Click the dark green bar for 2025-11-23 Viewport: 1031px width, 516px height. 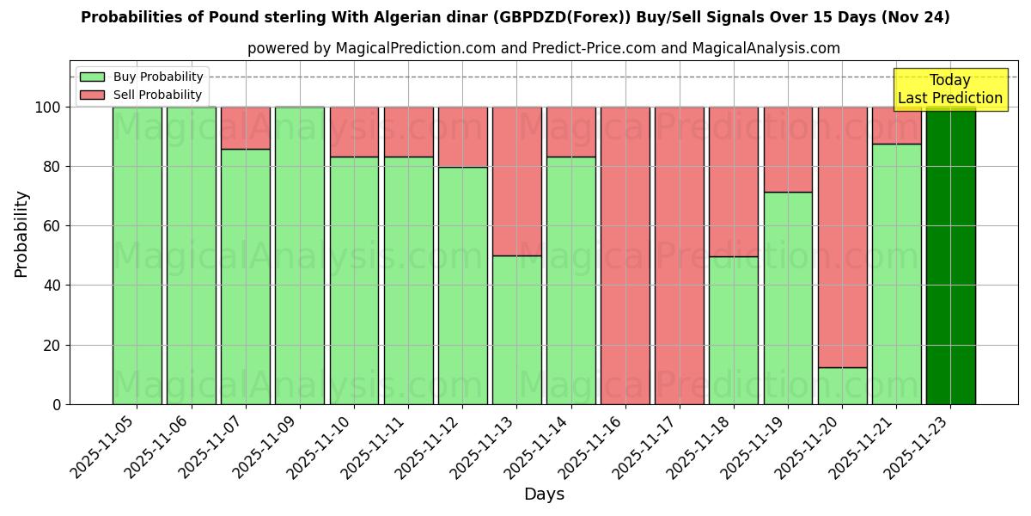(x=950, y=255)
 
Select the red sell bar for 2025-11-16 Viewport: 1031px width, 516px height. (x=625, y=255)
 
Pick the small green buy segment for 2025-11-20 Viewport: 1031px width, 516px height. (x=842, y=386)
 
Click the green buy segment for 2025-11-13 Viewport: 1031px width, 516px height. (x=516, y=329)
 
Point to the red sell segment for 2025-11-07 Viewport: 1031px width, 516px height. (x=246, y=128)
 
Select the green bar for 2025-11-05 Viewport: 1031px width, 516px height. (x=137, y=255)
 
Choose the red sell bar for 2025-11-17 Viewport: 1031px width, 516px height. (x=680, y=255)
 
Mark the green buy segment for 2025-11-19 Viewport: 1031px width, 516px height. (x=788, y=298)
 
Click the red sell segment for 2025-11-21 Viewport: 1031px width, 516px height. (x=896, y=126)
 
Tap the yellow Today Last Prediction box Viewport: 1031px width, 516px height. (x=949, y=89)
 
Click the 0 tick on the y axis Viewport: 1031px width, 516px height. (x=57, y=404)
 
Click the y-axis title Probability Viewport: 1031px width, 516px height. (x=21, y=234)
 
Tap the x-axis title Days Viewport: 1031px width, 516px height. (x=544, y=494)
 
